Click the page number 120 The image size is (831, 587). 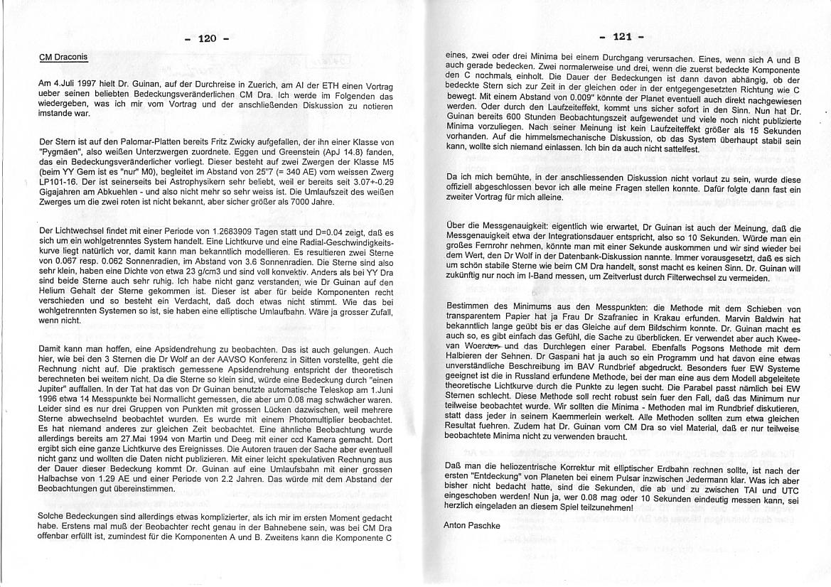pos(206,38)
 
